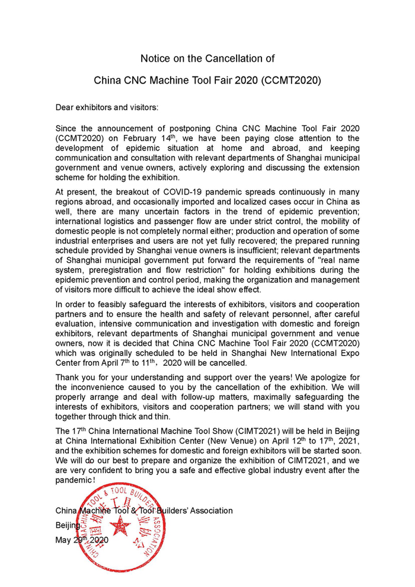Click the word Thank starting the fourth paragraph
[68, 378]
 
